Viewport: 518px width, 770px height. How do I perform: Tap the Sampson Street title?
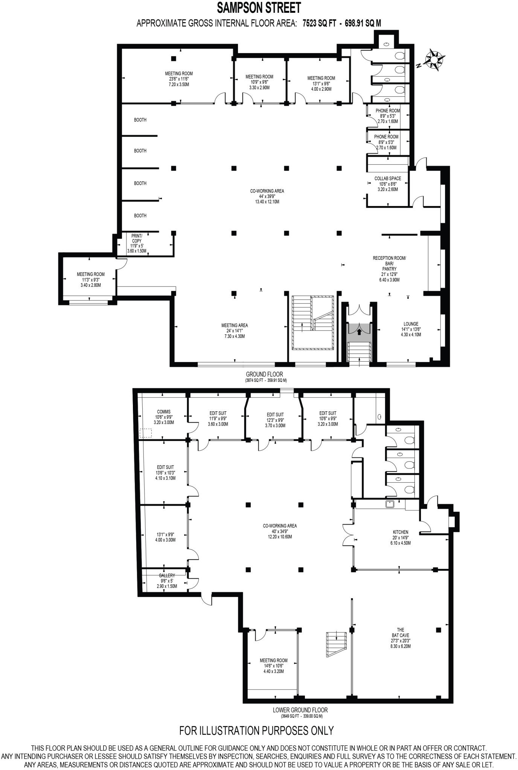click(x=259, y=8)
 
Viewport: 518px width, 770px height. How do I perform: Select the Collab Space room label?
click(x=387, y=179)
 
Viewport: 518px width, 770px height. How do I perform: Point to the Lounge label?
click(x=411, y=324)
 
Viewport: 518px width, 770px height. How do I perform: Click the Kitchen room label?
click(x=400, y=532)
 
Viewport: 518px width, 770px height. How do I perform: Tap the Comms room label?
click(x=164, y=412)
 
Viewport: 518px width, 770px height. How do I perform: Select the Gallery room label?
click(x=167, y=576)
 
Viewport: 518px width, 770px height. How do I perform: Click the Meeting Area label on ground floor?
click(x=235, y=325)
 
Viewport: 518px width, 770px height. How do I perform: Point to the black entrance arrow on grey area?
click(x=359, y=332)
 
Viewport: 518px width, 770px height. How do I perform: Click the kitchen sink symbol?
click(x=390, y=504)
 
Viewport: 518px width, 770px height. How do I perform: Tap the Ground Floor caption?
click(x=264, y=374)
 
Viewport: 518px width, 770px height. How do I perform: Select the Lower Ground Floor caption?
click(x=300, y=710)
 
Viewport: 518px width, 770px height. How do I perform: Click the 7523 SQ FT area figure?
click(x=316, y=23)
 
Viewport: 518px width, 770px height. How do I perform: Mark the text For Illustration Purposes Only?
click(x=256, y=731)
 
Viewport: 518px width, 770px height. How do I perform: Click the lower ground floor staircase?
click(x=336, y=644)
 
